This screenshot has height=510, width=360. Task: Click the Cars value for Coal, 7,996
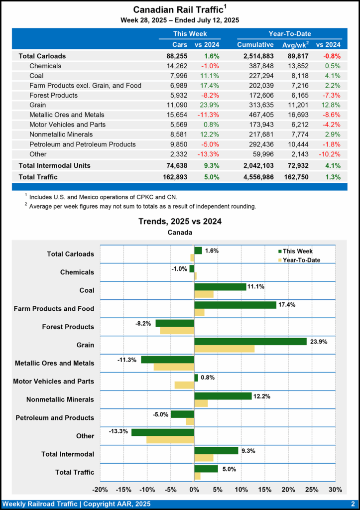[178, 76]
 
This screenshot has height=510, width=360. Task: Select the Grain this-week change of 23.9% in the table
[209, 105]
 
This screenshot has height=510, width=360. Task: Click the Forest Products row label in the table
[53, 95]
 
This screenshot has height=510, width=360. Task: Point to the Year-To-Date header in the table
[290, 34]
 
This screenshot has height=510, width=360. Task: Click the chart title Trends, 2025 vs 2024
[180, 222]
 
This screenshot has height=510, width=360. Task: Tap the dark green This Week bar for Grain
[250, 341]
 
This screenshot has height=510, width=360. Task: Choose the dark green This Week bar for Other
[162, 432]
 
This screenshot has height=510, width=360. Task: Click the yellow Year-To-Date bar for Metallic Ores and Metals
[174, 367]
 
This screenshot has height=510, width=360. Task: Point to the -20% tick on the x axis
[101, 489]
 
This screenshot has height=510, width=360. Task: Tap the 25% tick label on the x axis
[312, 489]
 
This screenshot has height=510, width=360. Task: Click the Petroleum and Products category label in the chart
[55, 418]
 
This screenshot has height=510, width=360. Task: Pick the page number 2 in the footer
[353, 504]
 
